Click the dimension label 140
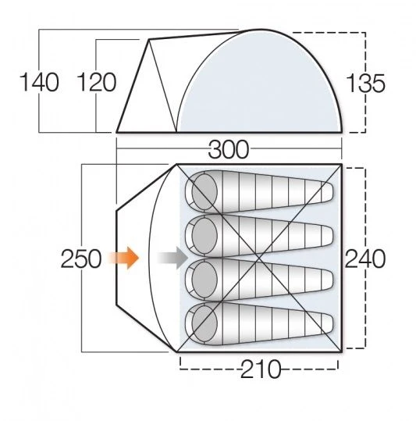point(40,82)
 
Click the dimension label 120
point(98,82)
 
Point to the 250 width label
point(81,258)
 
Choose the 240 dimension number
point(365,259)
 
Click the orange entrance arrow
point(125,257)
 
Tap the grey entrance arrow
point(170,257)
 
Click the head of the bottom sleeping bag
point(204,323)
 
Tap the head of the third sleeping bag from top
point(204,279)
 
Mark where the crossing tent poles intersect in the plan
point(258,256)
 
